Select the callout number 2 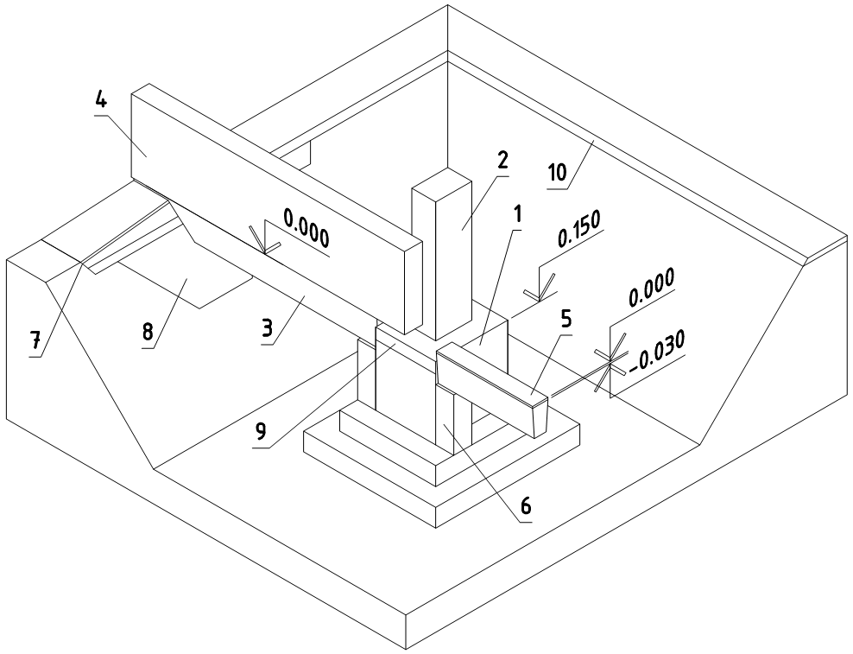click(502, 162)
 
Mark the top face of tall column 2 click(442, 183)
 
